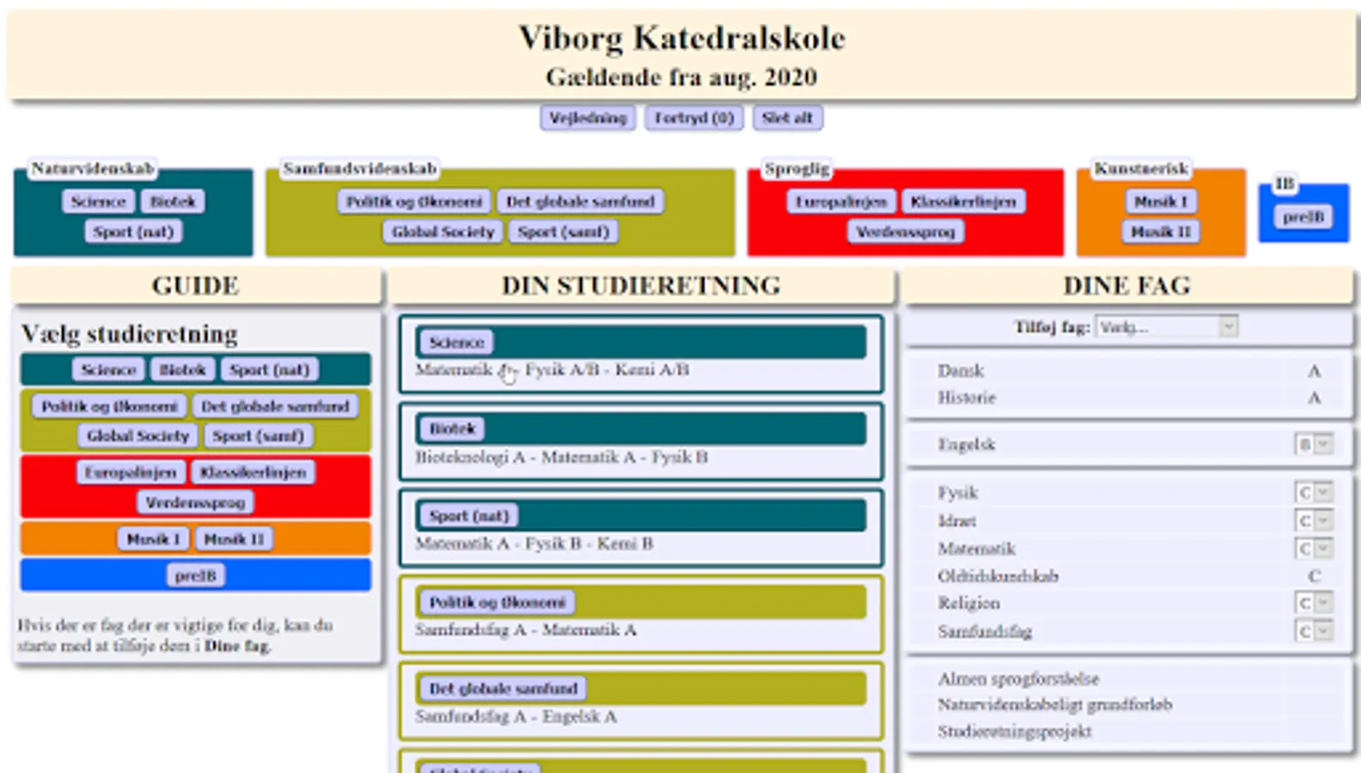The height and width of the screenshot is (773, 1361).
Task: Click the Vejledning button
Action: pos(588,118)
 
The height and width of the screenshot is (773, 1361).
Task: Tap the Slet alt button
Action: pos(787,118)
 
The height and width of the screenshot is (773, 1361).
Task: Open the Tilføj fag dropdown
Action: pos(1166,327)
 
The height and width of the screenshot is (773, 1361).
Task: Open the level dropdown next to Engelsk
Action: pos(1313,444)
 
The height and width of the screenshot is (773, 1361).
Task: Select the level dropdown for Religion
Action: pos(1313,603)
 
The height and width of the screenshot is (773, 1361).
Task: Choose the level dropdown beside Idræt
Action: pos(1313,520)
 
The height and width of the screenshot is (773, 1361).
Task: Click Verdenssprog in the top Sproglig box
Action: pos(906,232)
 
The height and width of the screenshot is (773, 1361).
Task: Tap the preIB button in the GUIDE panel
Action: pos(195,575)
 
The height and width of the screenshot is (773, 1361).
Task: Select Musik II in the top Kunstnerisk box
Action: pos(1161,232)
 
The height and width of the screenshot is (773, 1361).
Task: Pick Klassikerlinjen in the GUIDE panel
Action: pos(253,472)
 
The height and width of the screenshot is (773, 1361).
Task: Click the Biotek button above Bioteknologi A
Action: pos(452,429)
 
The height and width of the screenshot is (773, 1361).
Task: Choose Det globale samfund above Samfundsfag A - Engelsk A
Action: pos(503,689)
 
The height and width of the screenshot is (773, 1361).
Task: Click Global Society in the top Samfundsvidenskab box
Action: pos(442,232)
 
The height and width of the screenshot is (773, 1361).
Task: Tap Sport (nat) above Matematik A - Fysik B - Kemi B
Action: pos(468,515)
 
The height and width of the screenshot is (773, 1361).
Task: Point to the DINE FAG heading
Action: pos(1126,286)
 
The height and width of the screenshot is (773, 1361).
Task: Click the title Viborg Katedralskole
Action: pos(681,38)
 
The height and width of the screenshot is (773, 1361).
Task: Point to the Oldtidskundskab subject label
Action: pos(998,576)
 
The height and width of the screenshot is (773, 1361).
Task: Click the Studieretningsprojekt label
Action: pos(1014,732)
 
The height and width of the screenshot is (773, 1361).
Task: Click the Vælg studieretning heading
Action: pos(130,333)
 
